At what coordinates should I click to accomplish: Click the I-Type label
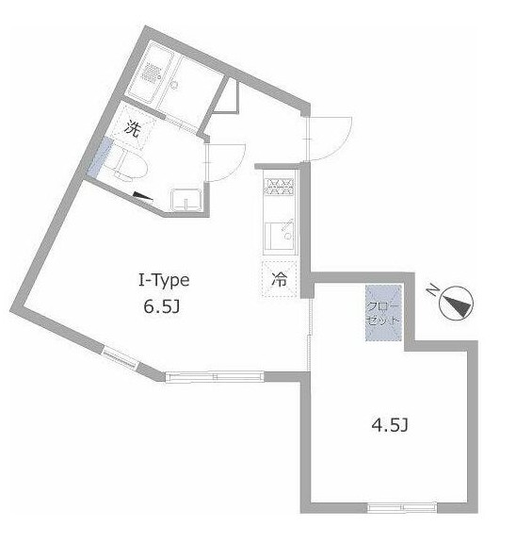[x=164, y=281]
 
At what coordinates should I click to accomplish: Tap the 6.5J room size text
[x=162, y=306]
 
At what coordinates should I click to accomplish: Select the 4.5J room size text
[x=390, y=425]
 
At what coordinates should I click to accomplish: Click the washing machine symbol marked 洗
[x=133, y=128]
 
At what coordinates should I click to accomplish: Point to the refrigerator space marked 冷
[x=280, y=279]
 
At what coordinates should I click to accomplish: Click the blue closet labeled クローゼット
[x=383, y=313]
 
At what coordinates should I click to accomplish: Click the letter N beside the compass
[x=432, y=289]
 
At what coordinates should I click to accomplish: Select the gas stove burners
[x=279, y=187]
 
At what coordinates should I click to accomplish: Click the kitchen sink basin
[x=279, y=236]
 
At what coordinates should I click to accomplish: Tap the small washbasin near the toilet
[x=186, y=200]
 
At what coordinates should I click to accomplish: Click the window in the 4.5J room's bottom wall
[x=401, y=508]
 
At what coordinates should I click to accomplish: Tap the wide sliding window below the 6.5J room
[x=215, y=376]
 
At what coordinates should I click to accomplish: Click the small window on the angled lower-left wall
[x=121, y=356]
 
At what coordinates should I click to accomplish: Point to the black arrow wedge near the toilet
[x=142, y=196]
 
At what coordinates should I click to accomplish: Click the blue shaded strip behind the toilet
[x=100, y=156]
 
